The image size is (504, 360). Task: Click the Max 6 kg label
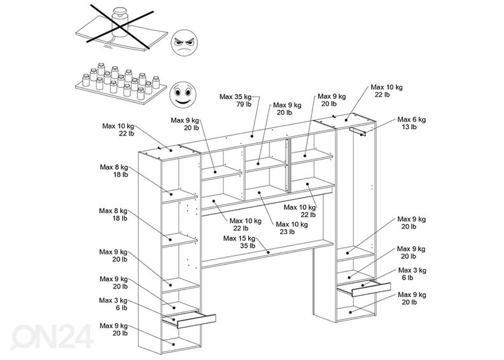point(412,119)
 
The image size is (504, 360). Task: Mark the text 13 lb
point(409,127)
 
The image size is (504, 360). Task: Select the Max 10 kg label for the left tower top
point(118,126)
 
